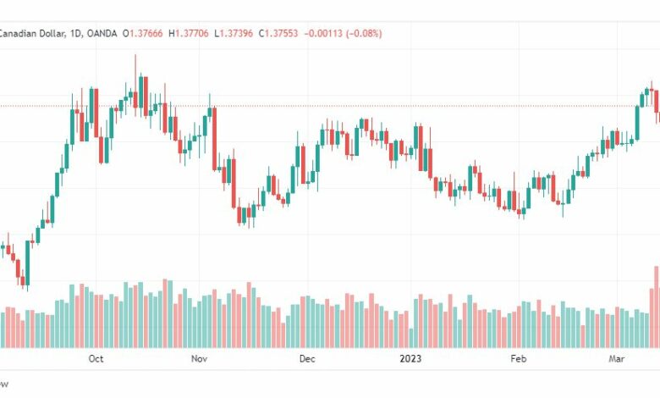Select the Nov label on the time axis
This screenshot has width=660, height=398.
coord(199,359)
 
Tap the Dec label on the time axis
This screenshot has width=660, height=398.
coord(306,359)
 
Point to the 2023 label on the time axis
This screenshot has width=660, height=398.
coord(410,359)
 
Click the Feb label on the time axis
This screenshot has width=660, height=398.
coord(518,359)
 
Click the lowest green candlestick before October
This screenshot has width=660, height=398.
coord(26,263)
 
